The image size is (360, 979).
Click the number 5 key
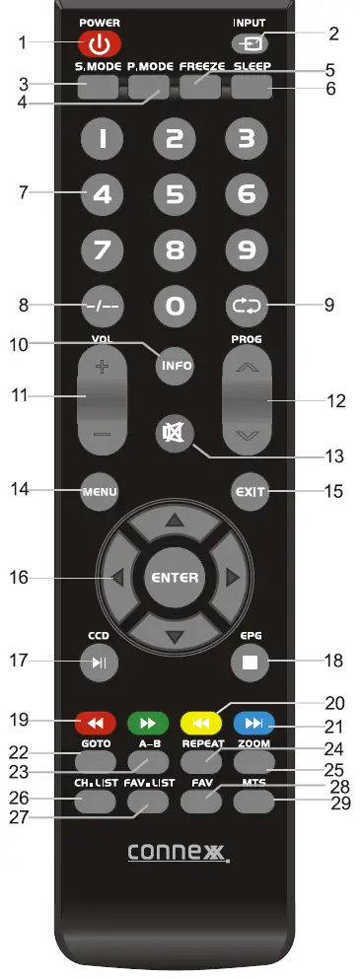174,194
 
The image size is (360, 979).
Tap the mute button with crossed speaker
174,432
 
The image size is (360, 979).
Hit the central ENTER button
174,577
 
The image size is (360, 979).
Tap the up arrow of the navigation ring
174,520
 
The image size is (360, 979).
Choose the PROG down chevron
247,434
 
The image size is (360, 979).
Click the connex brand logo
178,851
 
